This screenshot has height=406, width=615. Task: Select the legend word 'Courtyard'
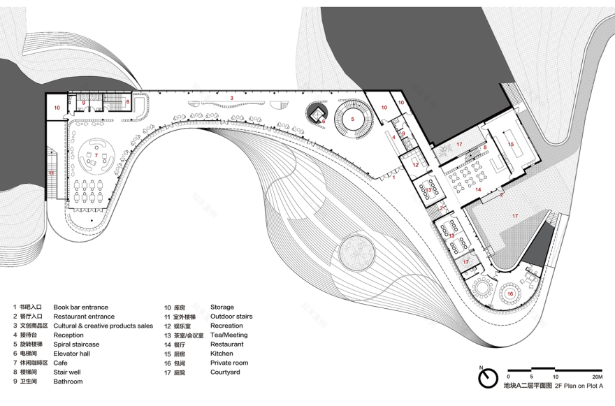click(x=224, y=372)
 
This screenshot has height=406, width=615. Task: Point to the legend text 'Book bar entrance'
click(x=80, y=307)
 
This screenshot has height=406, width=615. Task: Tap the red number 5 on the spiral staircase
click(x=354, y=119)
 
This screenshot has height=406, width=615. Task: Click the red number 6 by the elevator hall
click(x=324, y=121)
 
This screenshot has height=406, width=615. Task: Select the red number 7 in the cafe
click(x=96, y=154)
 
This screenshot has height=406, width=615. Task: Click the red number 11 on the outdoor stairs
click(x=51, y=172)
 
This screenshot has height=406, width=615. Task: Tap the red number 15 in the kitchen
click(x=511, y=144)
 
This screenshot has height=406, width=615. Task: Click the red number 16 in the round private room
click(x=510, y=293)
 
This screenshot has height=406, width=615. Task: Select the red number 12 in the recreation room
click(x=414, y=165)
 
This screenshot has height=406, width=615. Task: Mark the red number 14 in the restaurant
click(x=479, y=189)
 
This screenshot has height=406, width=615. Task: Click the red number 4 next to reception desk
click(x=393, y=138)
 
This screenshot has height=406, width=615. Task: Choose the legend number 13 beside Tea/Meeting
click(x=168, y=335)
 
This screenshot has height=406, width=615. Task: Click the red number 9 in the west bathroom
click(x=84, y=103)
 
